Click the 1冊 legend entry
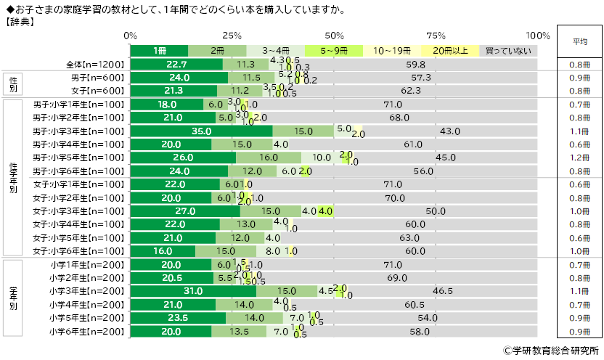[x=159, y=51]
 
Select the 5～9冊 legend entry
[x=333, y=51]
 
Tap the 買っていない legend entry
[x=508, y=51]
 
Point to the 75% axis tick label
[x=436, y=36]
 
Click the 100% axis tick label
[x=538, y=36]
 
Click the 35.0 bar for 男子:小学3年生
[x=201, y=131]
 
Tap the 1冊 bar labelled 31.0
[x=193, y=290]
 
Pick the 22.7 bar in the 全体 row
[x=176, y=65]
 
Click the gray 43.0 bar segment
[x=450, y=131]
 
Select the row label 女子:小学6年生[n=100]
[x=78, y=250]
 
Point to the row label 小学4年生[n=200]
[x=86, y=303]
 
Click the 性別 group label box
[x=15, y=84]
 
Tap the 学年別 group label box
[x=15, y=297]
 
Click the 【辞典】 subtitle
[x=23, y=21]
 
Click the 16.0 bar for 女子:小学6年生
[x=163, y=250]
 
